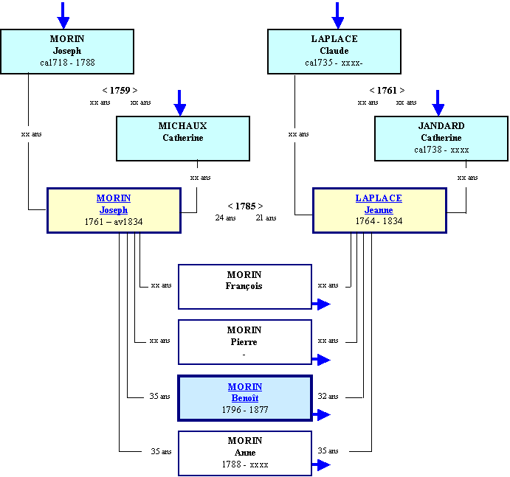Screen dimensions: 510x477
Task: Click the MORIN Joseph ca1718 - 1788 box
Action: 67,52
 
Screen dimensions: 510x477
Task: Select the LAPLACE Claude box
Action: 334,52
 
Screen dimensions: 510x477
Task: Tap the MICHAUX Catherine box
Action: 183,139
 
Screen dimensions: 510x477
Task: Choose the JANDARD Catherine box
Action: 441,139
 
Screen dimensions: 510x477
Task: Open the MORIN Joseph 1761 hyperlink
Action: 114,204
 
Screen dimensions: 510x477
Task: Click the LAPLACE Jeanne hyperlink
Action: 379,204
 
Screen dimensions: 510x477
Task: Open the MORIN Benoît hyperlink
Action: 245,392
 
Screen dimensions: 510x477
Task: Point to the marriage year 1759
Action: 120,91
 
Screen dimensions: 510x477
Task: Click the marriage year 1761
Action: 387,91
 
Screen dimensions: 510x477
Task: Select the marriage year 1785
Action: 246,206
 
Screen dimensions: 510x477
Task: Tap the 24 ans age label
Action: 225,217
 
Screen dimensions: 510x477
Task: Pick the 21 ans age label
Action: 266,217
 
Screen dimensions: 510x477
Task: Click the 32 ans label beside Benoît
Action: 328,396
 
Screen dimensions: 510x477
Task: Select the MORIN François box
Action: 245,287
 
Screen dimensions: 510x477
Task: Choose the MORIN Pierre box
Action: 245,342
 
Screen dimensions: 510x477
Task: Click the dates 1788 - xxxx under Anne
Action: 245,464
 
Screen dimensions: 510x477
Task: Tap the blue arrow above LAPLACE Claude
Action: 337,15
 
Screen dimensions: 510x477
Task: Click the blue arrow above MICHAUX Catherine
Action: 180,103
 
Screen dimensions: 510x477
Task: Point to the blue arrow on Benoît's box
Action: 321,415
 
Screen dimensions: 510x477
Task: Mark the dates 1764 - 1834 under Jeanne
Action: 379,221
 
